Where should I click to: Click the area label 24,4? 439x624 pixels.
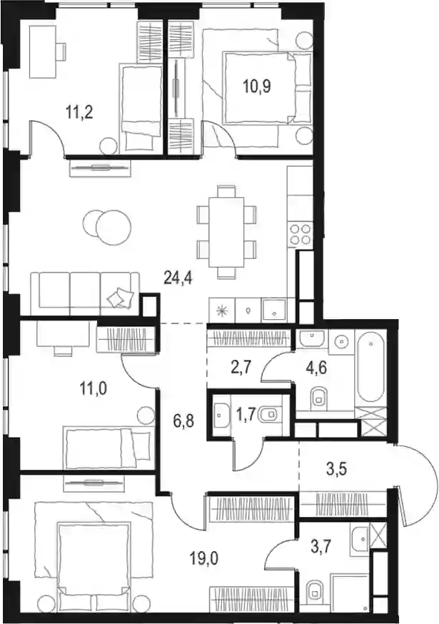(x=178, y=278)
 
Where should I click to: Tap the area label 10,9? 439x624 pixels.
(x=257, y=86)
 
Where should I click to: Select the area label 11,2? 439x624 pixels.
(x=80, y=113)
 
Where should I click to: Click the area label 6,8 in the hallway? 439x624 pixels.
(x=183, y=421)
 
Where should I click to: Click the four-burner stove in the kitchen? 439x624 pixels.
(x=300, y=234)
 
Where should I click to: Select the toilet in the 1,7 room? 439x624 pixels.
(x=269, y=416)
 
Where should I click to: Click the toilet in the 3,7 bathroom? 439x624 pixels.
(x=314, y=597)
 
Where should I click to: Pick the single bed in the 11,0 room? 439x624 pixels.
(x=108, y=448)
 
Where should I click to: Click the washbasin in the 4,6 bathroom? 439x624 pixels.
(x=311, y=338)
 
